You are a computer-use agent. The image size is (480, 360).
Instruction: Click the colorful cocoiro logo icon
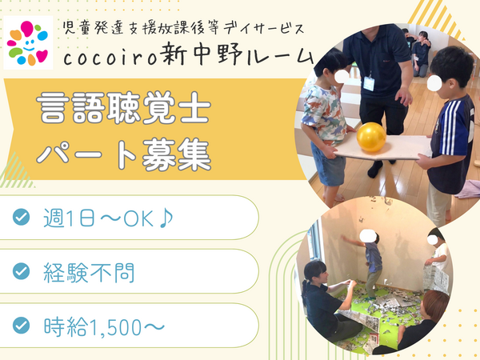(x=28, y=42)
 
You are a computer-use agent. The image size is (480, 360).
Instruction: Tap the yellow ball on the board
(x=371, y=137)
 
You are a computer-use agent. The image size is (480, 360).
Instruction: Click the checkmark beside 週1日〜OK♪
(x=22, y=217)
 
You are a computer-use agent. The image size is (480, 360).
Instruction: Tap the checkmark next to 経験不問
(x=22, y=271)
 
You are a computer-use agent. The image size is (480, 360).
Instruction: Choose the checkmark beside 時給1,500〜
(x=22, y=325)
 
